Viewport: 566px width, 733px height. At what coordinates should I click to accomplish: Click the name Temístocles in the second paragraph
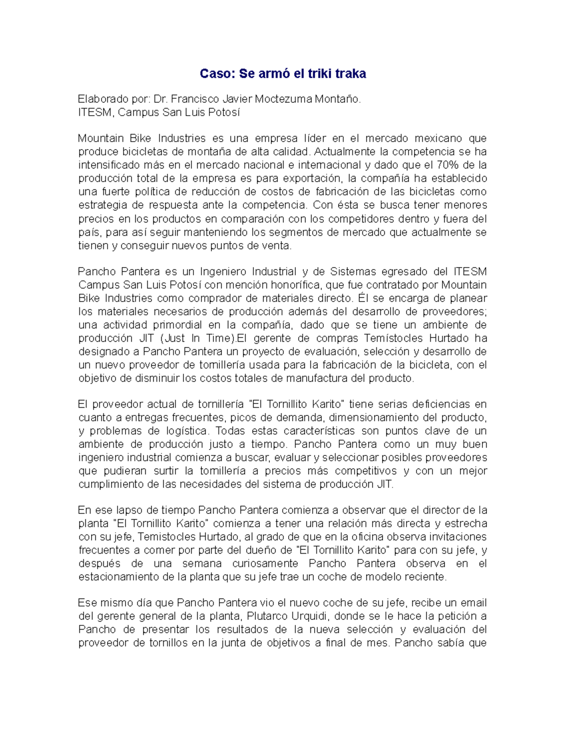392,338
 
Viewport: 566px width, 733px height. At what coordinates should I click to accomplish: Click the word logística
187,431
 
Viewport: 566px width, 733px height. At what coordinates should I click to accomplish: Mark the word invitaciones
457,537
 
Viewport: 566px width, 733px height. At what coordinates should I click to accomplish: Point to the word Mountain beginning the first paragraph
100,139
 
